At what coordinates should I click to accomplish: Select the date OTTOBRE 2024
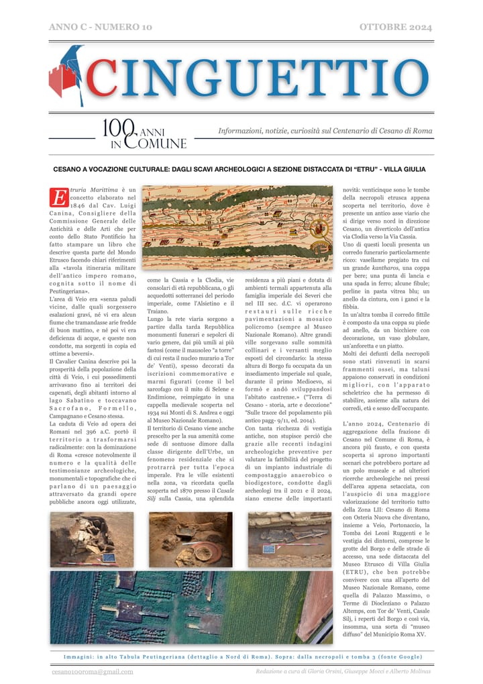(396, 27)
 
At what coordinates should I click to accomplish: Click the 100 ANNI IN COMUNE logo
(144, 134)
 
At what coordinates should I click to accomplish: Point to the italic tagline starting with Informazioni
(325, 131)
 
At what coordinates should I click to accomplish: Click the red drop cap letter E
(59, 197)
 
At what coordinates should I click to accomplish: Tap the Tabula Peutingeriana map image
(237, 228)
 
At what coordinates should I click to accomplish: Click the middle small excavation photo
(191, 540)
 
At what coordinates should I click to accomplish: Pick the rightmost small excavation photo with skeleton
(289, 540)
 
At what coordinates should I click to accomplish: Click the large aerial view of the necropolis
(191, 606)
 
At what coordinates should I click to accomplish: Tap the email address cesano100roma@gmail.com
(93, 671)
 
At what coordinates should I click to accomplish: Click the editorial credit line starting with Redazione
(343, 671)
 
